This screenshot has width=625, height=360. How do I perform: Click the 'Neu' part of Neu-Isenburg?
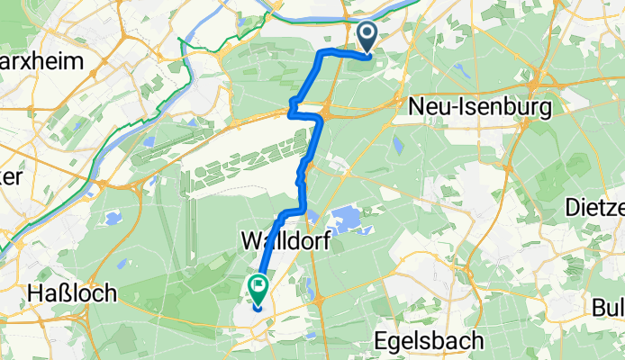[x=428, y=106]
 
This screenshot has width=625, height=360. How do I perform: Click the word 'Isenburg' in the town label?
[x=494, y=106]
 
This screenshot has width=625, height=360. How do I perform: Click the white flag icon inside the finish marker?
[x=258, y=288]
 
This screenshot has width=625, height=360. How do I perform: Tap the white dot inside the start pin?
[x=368, y=34]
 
